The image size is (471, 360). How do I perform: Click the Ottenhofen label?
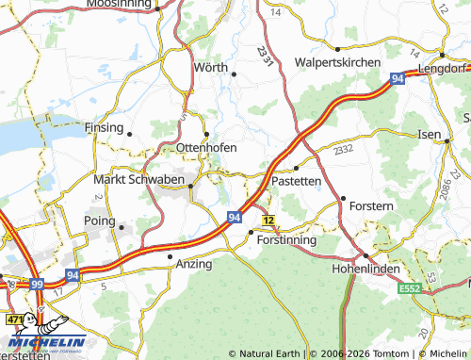[x=206, y=148]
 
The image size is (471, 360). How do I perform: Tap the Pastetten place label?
[x=297, y=180]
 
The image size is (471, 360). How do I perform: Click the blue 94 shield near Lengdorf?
[x=398, y=81]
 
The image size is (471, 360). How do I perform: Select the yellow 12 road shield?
[x=269, y=220]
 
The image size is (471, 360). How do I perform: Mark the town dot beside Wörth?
[x=234, y=74]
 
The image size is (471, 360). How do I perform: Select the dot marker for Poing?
[x=122, y=226]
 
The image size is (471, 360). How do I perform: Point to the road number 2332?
[x=344, y=149]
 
